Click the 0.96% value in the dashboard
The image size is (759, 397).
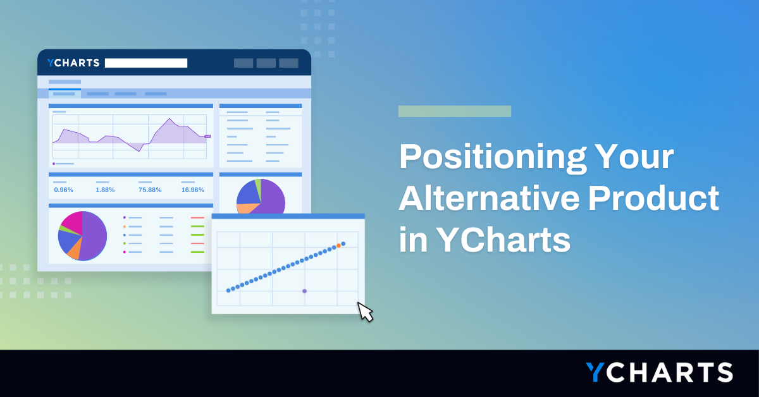tap(63, 190)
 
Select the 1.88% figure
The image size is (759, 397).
tap(105, 190)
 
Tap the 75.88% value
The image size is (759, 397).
tap(150, 190)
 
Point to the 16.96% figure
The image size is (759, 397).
tap(192, 190)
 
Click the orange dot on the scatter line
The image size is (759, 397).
tap(338, 245)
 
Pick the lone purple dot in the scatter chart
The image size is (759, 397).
tap(304, 291)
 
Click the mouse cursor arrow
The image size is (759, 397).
tap(365, 312)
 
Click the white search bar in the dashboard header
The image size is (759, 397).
tap(146, 63)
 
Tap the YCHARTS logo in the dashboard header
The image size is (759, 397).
tap(73, 63)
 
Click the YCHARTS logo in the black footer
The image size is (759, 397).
tap(658, 372)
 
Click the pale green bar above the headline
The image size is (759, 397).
tap(454, 111)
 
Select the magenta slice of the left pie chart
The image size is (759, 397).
tap(72, 221)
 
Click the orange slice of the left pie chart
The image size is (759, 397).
tap(74, 251)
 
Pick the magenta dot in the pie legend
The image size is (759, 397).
tap(125, 252)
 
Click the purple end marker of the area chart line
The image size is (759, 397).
tap(207, 136)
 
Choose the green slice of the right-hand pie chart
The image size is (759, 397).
tap(257, 186)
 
